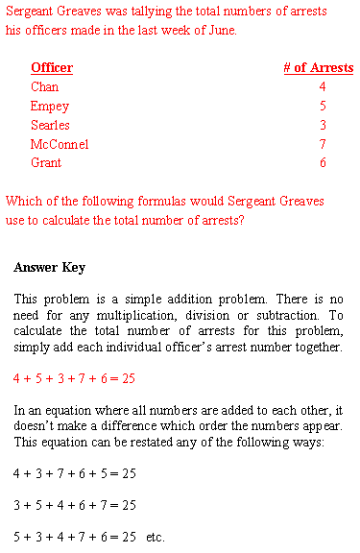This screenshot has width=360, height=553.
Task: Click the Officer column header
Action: (52, 68)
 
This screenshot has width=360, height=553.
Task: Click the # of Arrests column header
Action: (318, 68)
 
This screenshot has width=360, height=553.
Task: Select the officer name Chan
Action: (44, 87)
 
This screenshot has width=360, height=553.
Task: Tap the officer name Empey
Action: (50, 107)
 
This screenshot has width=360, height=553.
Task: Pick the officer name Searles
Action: (50, 126)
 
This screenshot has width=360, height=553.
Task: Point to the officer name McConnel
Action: (60, 145)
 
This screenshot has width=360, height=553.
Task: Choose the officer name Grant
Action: (46, 163)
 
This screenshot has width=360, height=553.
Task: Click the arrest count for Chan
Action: (323, 87)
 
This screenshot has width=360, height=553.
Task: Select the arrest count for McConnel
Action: (323, 145)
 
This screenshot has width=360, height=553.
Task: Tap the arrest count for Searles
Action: (323, 126)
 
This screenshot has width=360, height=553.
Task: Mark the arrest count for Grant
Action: (323, 163)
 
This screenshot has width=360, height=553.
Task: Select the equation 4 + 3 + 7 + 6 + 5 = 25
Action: (74, 473)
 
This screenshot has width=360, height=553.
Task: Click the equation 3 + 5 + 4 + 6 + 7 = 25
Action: (74, 504)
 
